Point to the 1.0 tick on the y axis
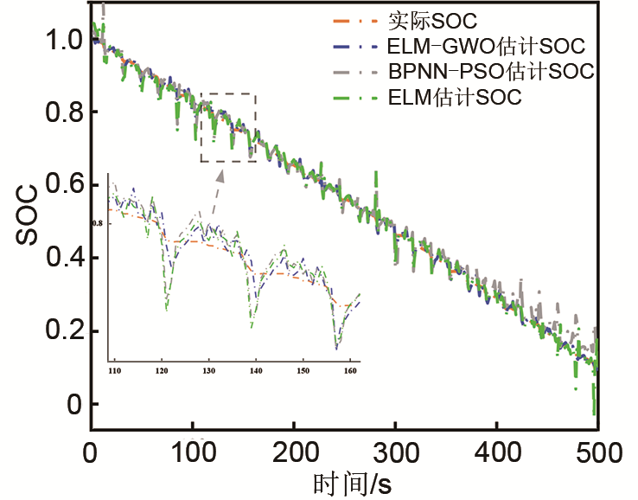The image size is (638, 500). [63, 40]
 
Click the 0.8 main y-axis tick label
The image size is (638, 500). [63, 112]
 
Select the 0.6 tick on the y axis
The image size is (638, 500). [63, 185]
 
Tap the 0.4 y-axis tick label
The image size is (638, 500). [63, 259]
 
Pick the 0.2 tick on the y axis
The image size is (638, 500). [63, 331]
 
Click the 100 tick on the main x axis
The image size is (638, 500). [192, 452]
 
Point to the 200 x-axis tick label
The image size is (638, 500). [294, 452]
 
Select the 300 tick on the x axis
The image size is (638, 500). [396, 452]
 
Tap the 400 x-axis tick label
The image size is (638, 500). [497, 452]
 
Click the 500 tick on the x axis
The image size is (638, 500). [598, 452]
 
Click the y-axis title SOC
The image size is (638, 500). [26, 222]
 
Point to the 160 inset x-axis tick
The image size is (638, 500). [349, 371]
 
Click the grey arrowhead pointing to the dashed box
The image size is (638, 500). [220, 176]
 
